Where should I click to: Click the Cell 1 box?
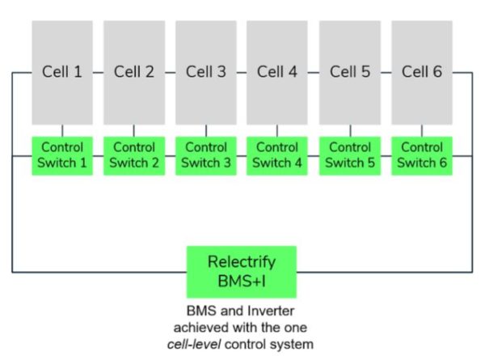click(x=62, y=73)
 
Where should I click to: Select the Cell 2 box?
click(x=134, y=73)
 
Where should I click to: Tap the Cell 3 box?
click(x=206, y=73)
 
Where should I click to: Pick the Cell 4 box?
click(x=277, y=73)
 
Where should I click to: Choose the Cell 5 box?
click(x=350, y=73)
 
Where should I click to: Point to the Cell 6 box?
click(x=422, y=73)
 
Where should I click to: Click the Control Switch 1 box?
click(x=62, y=155)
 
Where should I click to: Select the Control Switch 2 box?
click(x=134, y=155)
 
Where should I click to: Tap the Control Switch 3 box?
click(x=206, y=155)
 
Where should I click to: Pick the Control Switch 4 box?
click(x=277, y=155)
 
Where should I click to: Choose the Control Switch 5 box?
click(x=350, y=155)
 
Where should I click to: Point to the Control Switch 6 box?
click(x=422, y=155)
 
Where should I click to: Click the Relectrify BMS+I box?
click(x=242, y=272)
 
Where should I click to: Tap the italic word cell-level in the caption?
click(x=194, y=344)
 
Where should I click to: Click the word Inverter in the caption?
click(x=272, y=311)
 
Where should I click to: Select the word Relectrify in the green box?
click(x=242, y=262)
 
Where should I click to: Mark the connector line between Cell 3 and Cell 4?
click(x=242, y=73)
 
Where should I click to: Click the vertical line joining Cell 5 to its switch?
click(x=351, y=130)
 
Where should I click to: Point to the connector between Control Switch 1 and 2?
click(x=98, y=156)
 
